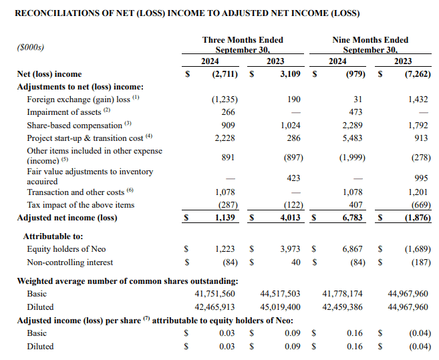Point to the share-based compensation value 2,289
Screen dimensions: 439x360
(352, 125)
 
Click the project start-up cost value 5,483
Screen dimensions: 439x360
(352, 138)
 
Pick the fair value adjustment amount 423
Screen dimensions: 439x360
(293, 178)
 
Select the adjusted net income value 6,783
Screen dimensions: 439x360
(352, 218)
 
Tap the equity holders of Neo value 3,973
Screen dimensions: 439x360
(290, 249)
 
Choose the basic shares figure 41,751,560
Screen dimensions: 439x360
(214, 294)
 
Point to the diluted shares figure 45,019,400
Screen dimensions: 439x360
(280, 307)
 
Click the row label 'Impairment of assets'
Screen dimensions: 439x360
(64, 112)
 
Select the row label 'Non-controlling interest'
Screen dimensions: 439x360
(69, 262)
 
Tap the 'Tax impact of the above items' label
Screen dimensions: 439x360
(81, 205)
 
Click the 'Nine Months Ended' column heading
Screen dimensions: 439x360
(370, 40)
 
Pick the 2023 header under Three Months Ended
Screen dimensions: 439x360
(275, 61)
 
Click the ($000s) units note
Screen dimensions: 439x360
(31, 47)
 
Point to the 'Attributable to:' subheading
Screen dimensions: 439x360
(53, 236)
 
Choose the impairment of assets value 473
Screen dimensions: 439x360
(355, 112)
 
